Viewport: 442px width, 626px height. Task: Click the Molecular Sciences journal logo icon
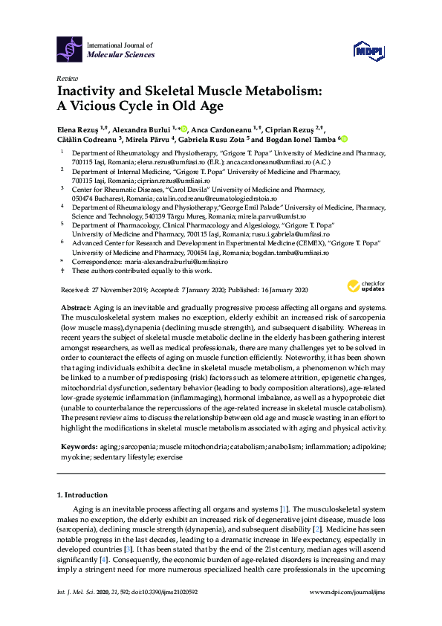(x=69, y=49)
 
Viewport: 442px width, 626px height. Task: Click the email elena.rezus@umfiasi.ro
(x=169, y=161)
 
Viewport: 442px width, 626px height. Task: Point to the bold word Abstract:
(x=76, y=307)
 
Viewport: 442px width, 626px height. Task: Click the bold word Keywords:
(x=78, y=447)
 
